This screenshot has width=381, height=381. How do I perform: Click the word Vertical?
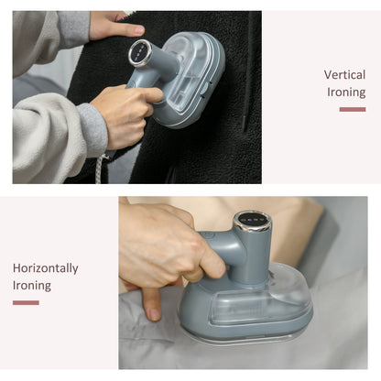[344, 75]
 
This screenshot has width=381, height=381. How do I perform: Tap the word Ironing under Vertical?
[346, 93]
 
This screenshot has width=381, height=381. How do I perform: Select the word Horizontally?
[46, 268]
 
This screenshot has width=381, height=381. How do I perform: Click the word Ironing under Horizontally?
[32, 286]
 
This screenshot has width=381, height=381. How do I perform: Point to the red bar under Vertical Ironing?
[353, 109]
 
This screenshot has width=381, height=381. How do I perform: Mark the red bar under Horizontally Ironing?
[26, 302]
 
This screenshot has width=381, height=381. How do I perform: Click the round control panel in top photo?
[140, 52]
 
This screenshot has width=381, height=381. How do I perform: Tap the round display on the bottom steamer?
[252, 220]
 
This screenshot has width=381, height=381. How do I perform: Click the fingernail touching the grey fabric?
[154, 314]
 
